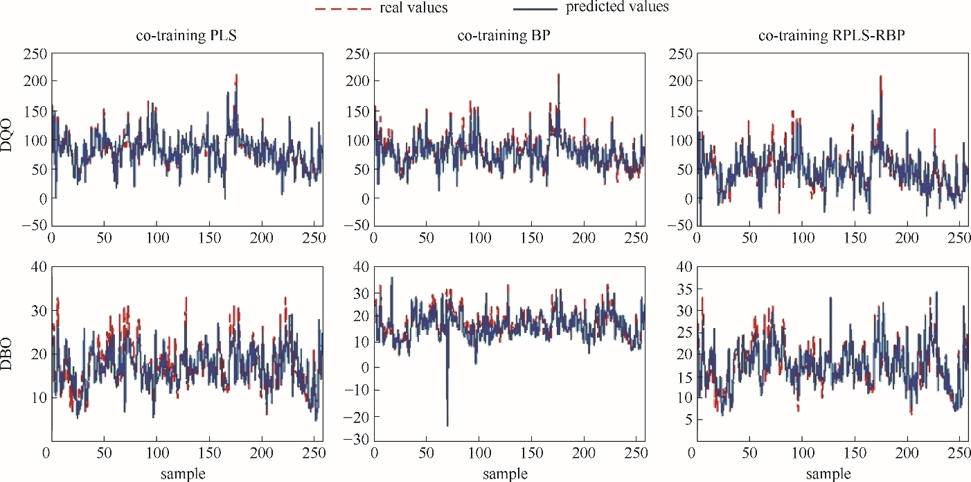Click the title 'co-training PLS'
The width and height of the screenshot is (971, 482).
click(x=186, y=36)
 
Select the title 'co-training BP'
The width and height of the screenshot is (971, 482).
click(x=504, y=36)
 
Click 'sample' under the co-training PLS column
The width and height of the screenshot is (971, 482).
click(x=183, y=474)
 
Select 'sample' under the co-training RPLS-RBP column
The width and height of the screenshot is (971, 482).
click(x=829, y=474)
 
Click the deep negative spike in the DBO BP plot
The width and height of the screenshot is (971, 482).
click(x=447, y=424)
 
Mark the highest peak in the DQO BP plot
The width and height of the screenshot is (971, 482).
click(x=558, y=75)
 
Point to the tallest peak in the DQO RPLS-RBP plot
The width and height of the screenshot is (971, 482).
click(x=881, y=76)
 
